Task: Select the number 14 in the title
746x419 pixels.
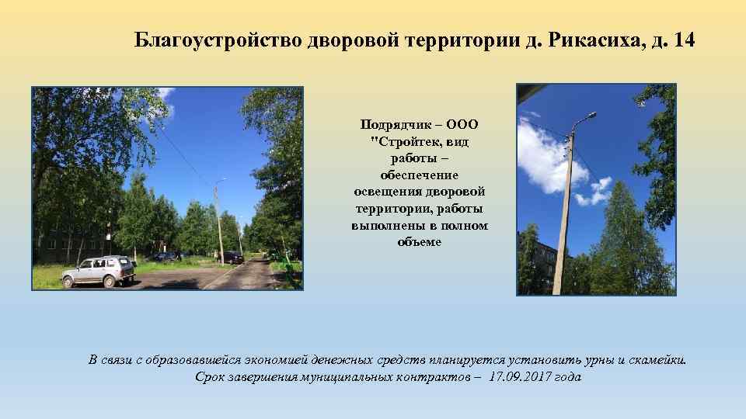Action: [x=686, y=40]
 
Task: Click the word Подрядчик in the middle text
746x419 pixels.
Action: [x=392, y=124]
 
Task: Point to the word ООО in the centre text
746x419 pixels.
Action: [x=463, y=124]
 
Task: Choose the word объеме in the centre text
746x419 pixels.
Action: [x=419, y=242]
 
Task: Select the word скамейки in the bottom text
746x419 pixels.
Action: [x=656, y=360]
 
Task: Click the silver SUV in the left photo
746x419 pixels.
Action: [x=99, y=272]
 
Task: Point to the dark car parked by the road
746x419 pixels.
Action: [x=232, y=258]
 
